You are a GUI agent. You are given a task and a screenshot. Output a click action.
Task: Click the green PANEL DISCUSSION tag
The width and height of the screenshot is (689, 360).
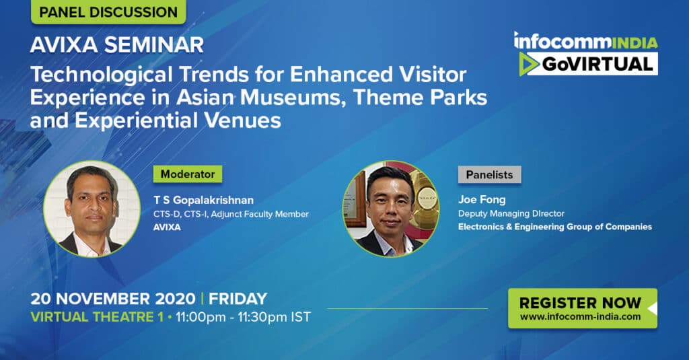tap(108, 12)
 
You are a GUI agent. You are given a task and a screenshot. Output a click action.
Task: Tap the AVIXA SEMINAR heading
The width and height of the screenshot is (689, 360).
tap(117, 45)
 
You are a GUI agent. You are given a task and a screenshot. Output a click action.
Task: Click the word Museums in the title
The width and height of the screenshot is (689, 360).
tap(291, 98)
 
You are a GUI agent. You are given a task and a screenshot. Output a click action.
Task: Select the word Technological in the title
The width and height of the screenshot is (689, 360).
tap(102, 75)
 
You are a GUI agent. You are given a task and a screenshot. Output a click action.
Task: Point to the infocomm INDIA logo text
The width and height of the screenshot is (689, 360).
tap(586, 41)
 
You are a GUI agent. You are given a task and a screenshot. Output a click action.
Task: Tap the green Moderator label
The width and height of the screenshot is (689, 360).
tap(188, 174)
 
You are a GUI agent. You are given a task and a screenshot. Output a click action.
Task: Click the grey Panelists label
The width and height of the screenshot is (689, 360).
tap(490, 174)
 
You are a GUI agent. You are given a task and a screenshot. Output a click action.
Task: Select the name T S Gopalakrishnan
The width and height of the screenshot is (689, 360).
tap(203, 200)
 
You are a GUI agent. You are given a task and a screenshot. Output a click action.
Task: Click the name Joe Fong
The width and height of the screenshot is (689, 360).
tap(482, 200)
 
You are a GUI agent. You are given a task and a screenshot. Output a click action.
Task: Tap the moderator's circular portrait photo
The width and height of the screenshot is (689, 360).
tap(92, 209)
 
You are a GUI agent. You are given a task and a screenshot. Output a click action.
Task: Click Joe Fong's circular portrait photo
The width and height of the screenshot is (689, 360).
tap(391, 209)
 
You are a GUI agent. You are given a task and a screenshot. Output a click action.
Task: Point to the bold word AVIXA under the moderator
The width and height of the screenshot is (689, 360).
tap(167, 227)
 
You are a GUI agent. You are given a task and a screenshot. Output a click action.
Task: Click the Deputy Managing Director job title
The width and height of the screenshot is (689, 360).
tap(511, 213)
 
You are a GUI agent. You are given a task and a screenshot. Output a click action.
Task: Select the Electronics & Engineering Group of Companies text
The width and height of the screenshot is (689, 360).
tap(555, 227)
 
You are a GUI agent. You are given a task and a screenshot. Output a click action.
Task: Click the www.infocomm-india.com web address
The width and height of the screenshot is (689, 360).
tap(580, 316)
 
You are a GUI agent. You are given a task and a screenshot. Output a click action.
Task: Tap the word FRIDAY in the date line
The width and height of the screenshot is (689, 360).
tap(238, 299)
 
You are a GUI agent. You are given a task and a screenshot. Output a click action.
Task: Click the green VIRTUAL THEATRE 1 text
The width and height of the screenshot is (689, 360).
tap(97, 317)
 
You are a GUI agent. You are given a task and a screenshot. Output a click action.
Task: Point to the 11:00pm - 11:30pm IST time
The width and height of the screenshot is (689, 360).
tap(243, 317)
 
